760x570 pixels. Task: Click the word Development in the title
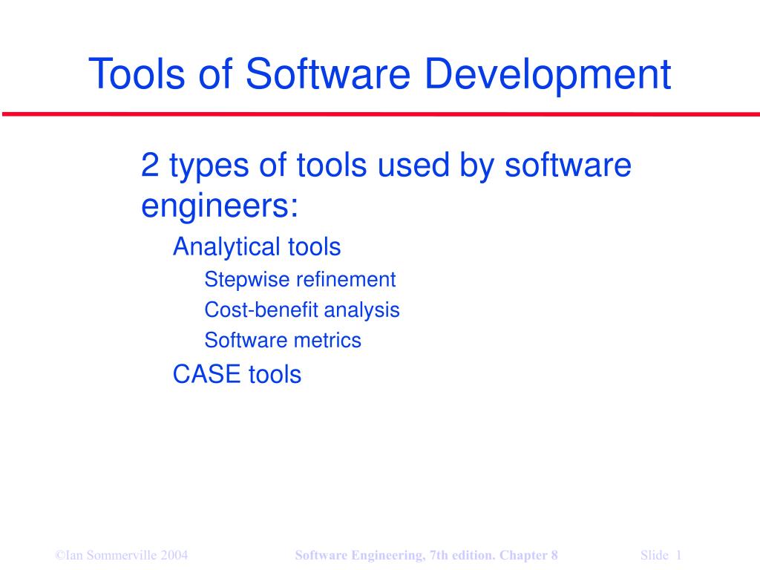point(548,73)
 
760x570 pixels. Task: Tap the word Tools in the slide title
point(137,73)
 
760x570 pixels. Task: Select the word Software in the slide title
point(328,73)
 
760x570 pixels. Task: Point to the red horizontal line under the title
point(381,114)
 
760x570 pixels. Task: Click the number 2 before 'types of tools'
point(150,165)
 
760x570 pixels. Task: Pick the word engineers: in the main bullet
point(220,206)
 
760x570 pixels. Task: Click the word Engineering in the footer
point(387,555)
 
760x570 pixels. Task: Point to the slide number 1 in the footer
point(678,555)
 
